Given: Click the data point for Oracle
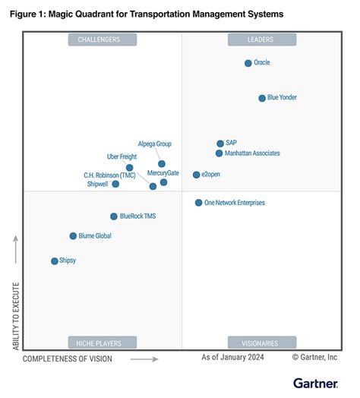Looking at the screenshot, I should pyautogui.click(x=248, y=63).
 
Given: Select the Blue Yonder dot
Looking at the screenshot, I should pyautogui.click(x=262, y=98).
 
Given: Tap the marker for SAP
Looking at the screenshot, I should pyautogui.click(x=220, y=143).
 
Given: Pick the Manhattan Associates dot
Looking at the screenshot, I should pyautogui.click(x=219, y=153).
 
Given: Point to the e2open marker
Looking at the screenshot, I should pyautogui.click(x=197, y=175).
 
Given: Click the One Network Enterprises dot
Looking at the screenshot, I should pyautogui.click(x=199, y=203).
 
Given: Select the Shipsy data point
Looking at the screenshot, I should pyautogui.click(x=54, y=261).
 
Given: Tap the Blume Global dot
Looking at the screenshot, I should pyautogui.click(x=73, y=236).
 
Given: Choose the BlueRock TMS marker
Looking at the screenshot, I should pyautogui.click(x=114, y=216).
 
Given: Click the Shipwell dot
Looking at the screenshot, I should pyautogui.click(x=115, y=184).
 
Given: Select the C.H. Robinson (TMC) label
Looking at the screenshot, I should pyautogui.click(x=109, y=175).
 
